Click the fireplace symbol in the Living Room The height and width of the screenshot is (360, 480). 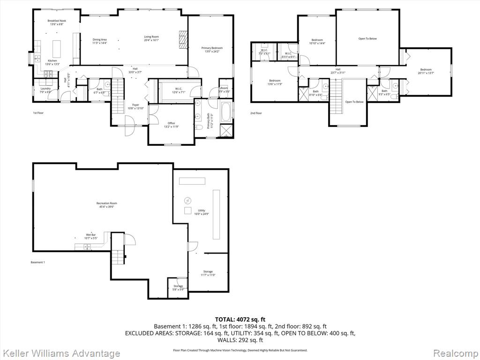tap(183, 40)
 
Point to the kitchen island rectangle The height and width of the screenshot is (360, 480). tap(58, 48)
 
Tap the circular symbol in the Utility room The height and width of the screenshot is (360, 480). tap(188, 199)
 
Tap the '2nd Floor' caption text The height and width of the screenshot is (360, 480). tap(256, 113)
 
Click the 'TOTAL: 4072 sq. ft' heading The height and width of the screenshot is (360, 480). tap(240, 319)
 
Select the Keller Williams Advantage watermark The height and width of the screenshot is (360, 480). tap(60, 353)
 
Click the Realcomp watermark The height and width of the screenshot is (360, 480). tap(455, 353)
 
